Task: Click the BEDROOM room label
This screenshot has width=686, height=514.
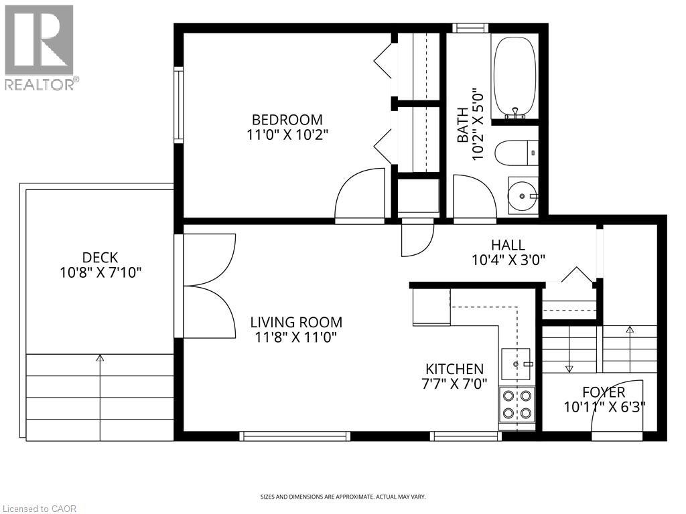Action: (287, 120)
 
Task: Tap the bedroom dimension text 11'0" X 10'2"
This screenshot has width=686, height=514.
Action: (287, 135)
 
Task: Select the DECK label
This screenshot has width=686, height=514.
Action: (100, 258)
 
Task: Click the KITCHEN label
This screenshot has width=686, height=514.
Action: (454, 369)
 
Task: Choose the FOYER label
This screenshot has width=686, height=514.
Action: (604, 392)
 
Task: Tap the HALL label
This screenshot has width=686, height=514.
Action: (508, 245)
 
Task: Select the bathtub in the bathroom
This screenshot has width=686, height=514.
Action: (514, 77)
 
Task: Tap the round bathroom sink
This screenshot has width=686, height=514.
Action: (523, 196)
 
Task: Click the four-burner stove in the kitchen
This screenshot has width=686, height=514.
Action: (517, 404)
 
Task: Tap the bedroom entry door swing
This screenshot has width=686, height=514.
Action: (360, 195)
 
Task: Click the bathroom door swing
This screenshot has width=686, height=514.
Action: (474, 196)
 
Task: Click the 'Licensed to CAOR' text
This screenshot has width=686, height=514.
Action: (39, 509)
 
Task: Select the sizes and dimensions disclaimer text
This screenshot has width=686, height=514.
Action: (342, 497)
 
